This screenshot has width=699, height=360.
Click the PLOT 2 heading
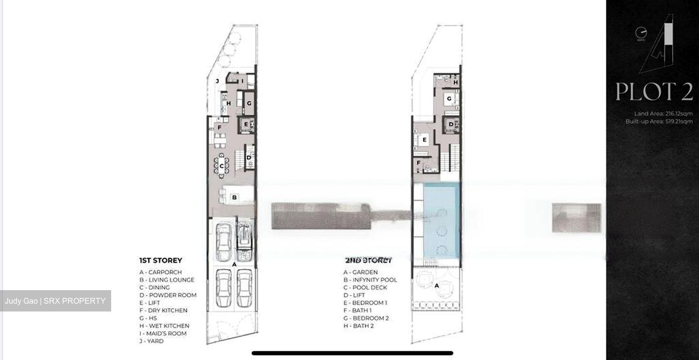(x=653, y=92)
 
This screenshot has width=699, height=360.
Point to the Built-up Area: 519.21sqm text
(x=659, y=121)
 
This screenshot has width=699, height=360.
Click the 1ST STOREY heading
(x=161, y=261)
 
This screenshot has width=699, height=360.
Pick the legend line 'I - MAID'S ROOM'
(x=163, y=334)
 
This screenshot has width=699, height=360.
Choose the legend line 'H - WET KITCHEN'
(x=164, y=326)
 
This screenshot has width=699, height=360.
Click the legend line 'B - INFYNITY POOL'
(x=370, y=280)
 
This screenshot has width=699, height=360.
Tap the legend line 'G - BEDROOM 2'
(x=366, y=318)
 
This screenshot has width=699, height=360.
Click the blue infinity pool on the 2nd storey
(x=441, y=221)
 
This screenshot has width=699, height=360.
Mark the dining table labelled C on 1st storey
(x=222, y=166)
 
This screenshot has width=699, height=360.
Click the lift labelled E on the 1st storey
(x=246, y=125)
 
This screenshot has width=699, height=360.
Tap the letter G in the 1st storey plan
(x=249, y=103)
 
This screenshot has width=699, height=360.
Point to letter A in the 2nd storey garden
(x=436, y=286)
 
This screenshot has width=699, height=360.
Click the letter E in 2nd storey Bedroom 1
(x=424, y=140)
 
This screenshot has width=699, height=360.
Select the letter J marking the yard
(x=217, y=81)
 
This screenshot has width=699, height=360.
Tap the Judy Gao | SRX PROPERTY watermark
(x=55, y=301)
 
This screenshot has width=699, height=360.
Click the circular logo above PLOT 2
(x=641, y=33)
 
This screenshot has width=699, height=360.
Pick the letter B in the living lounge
(x=234, y=197)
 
